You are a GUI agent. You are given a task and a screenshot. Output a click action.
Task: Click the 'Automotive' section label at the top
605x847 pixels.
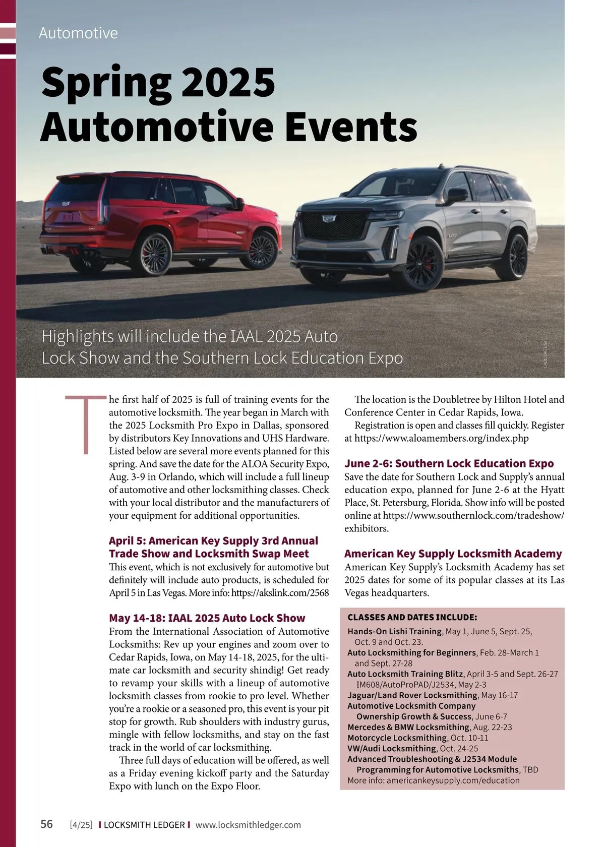pyautogui.click(x=78, y=33)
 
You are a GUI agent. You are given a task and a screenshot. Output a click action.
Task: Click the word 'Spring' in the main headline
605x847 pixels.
pyautogui.click(x=106, y=84)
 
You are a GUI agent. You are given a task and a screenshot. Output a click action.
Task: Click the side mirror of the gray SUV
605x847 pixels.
pyautogui.click(x=456, y=195)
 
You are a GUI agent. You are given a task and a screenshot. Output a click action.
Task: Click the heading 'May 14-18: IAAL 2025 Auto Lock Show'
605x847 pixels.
pyautogui.click(x=207, y=618)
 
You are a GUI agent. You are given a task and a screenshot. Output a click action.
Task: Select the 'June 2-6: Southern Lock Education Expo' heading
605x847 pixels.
pyautogui.click(x=449, y=463)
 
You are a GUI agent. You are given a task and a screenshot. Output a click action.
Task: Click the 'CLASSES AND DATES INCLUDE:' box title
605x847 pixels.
pyautogui.click(x=412, y=618)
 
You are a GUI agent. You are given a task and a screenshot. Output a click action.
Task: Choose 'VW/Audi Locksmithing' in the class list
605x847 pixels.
pyautogui.click(x=391, y=749)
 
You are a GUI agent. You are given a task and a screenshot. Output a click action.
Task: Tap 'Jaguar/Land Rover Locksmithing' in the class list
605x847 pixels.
pyautogui.click(x=412, y=695)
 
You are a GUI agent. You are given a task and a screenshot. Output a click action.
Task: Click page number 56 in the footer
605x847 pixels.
pyautogui.click(x=46, y=825)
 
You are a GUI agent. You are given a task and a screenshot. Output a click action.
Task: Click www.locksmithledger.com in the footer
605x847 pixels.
pyautogui.click(x=248, y=825)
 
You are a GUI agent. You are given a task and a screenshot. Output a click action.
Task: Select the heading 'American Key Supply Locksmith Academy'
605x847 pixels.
pyautogui.click(x=453, y=554)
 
